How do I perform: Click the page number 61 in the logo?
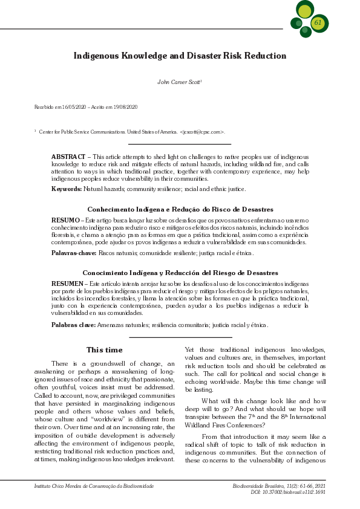point(318,22)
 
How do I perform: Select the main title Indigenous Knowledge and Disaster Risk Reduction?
point(180,56)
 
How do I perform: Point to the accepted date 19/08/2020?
point(124,107)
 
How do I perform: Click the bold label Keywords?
point(67,189)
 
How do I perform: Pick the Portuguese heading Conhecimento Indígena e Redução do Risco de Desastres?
point(180,209)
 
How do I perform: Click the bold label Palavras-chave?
point(74,253)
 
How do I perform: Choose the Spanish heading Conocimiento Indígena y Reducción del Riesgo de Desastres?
point(180,273)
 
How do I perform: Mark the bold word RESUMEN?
point(67,284)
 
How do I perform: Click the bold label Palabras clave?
point(73,325)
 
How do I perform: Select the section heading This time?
point(104,350)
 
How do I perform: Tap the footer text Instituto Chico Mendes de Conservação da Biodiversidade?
point(94,486)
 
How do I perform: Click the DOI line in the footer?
point(288,492)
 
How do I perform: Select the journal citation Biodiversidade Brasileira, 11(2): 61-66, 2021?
point(279,486)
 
